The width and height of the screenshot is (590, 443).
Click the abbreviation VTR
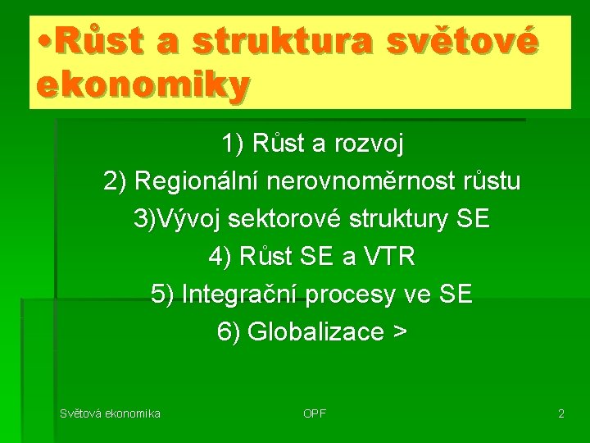(388, 258)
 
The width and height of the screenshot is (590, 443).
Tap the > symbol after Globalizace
(399, 332)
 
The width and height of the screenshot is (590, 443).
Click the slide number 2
(560, 413)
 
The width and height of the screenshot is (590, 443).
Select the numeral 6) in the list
(229, 332)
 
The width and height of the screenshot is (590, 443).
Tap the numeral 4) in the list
(220, 258)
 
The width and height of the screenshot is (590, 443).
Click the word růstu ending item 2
(490, 182)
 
